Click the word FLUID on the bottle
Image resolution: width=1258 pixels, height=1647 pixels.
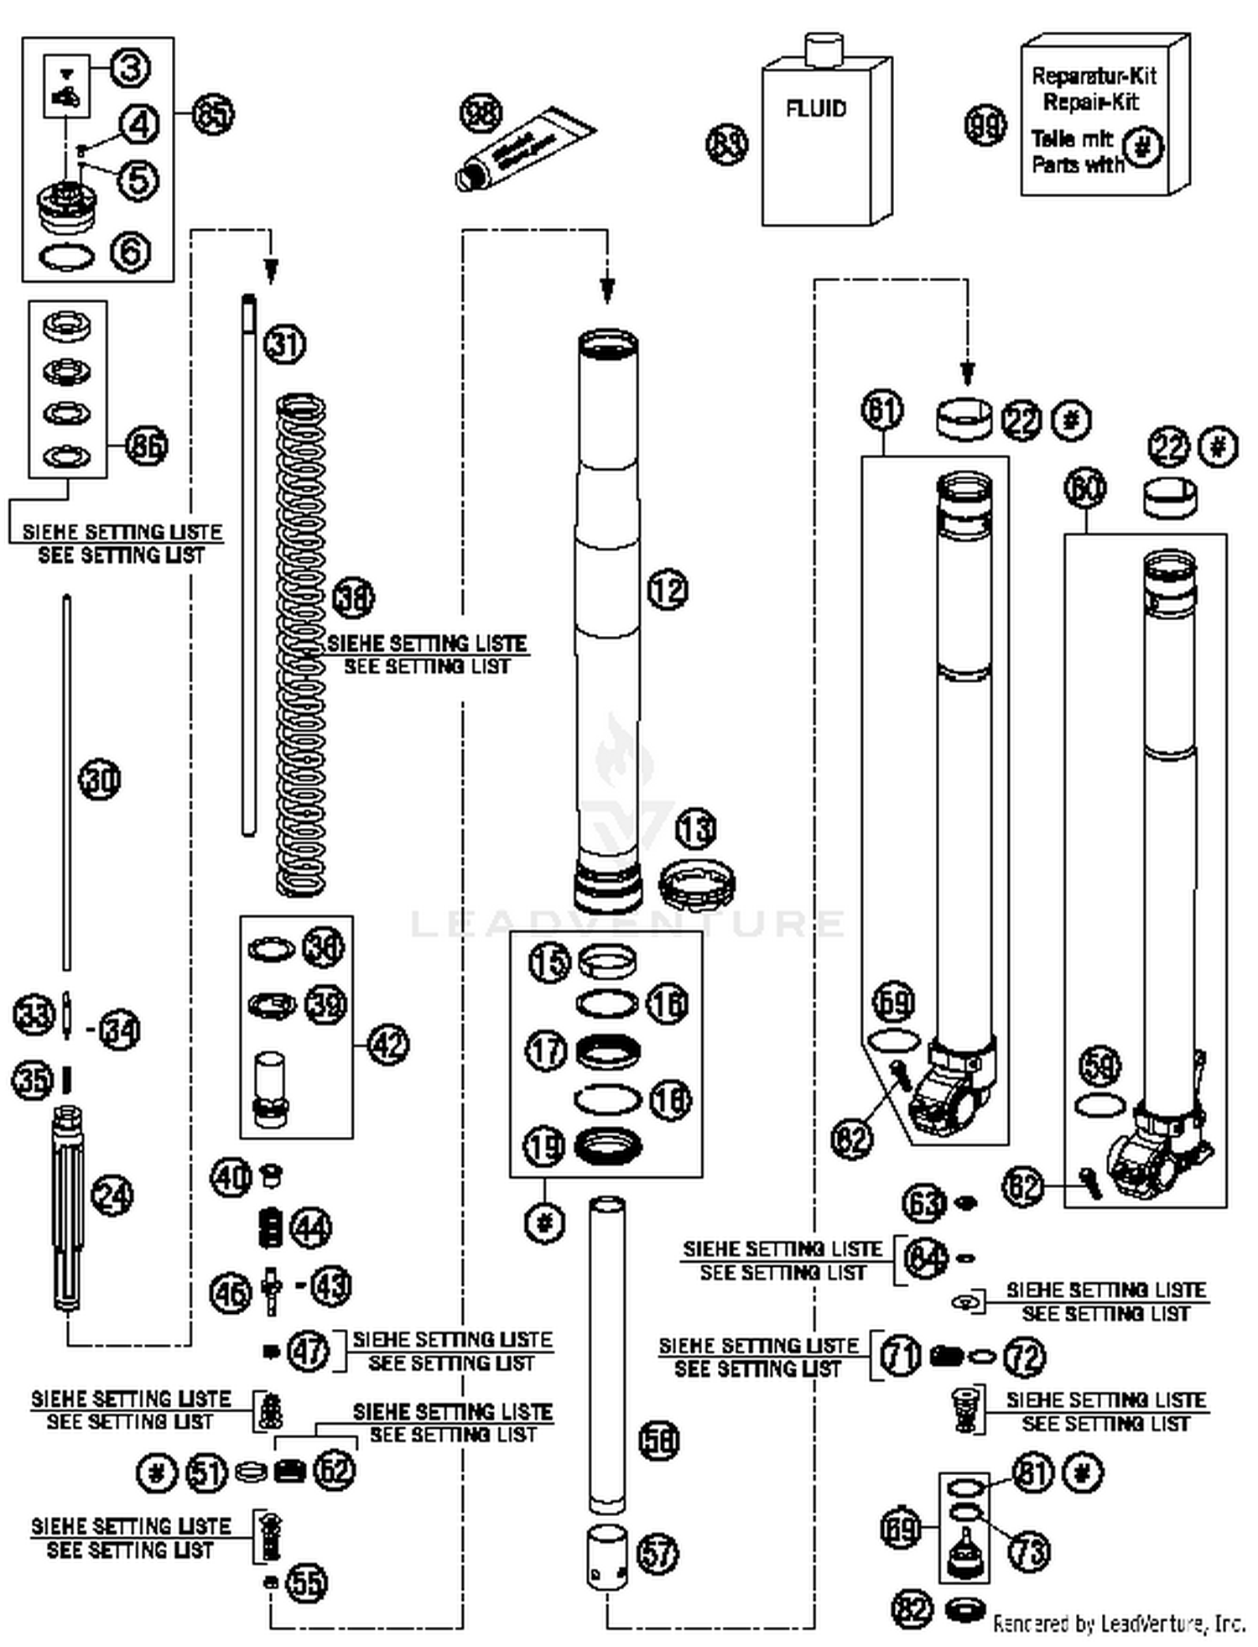click(x=815, y=108)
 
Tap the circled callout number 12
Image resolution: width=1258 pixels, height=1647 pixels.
click(x=668, y=591)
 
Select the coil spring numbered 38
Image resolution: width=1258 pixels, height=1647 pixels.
click(x=300, y=646)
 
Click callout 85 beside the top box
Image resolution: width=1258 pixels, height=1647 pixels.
click(x=213, y=114)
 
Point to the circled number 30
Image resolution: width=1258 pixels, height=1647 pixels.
click(x=100, y=779)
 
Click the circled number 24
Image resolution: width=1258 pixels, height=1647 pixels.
click(x=112, y=1195)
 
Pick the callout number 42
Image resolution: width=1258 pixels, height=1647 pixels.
click(x=389, y=1045)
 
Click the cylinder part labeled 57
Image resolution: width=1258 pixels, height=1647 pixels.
click(x=606, y=1557)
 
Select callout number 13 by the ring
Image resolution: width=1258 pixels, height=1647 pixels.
click(x=696, y=829)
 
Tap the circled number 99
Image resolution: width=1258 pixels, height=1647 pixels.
click(x=985, y=127)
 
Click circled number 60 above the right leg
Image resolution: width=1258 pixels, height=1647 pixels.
click(x=1085, y=487)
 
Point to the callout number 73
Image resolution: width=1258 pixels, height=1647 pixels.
click(x=1029, y=1551)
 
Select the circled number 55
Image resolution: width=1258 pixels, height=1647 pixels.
click(x=306, y=1583)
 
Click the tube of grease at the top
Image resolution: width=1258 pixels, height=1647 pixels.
click(x=524, y=148)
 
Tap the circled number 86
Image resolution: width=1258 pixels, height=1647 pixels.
click(x=146, y=446)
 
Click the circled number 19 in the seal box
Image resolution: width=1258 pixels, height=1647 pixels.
click(x=545, y=1146)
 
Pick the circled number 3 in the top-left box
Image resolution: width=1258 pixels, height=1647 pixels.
click(x=130, y=68)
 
